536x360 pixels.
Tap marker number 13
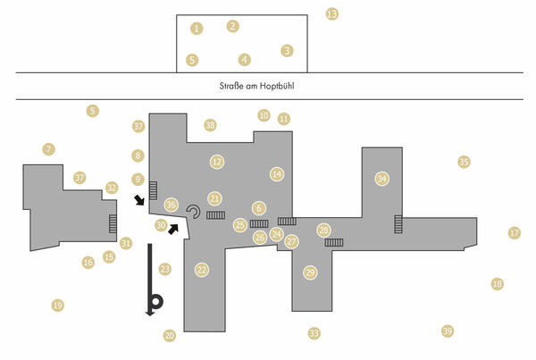(332, 14)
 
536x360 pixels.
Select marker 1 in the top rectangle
(197, 29)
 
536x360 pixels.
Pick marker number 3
(287, 51)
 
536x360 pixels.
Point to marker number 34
(382, 179)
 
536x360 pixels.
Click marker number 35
(464, 162)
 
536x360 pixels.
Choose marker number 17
(514, 233)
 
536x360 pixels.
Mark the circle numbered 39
(448, 331)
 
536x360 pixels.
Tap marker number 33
(314, 333)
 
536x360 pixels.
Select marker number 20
(170, 336)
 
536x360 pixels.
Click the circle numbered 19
(58, 306)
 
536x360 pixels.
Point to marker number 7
(49, 149)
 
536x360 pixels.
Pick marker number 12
(216, 162)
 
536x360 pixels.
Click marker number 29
(310, 272)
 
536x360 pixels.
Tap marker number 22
(202, 270)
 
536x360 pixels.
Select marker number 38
(210, 126)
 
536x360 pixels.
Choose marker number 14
(277, 174)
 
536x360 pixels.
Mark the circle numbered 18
(498, 284)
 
